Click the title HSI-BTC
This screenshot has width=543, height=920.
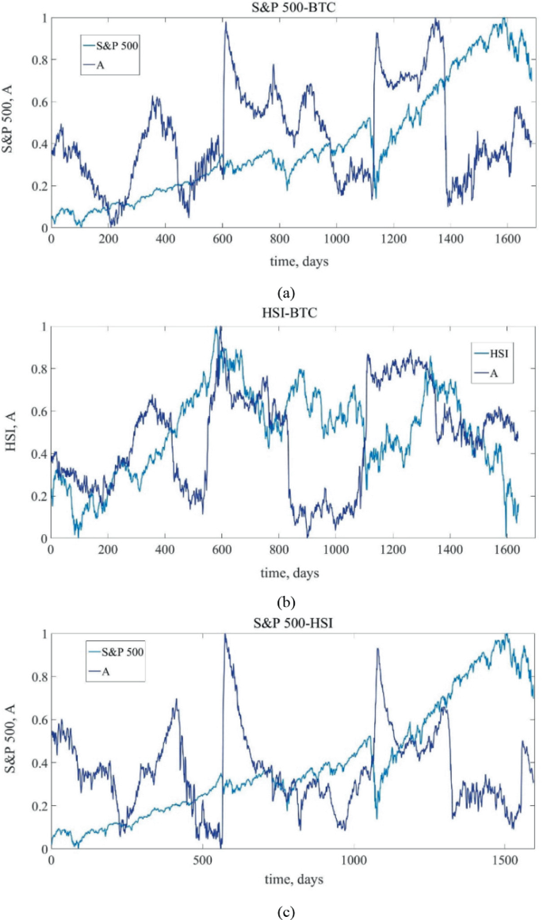(x=293, y=316)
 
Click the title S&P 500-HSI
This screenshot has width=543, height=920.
(x=293, y=624)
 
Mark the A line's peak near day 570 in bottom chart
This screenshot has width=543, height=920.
(x=225, y=635)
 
